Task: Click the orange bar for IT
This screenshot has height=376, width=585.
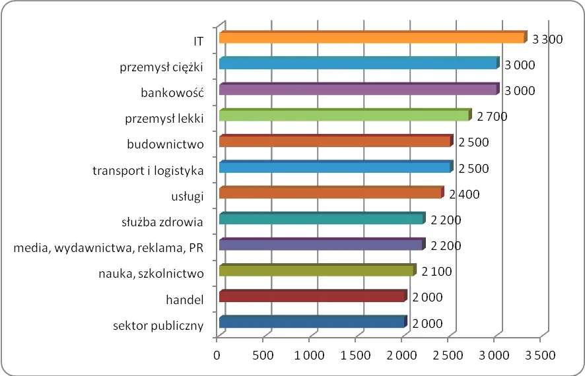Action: pos(372,38)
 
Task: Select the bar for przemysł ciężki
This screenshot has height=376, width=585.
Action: pos(358,63)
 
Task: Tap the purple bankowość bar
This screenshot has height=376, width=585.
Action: pos(358,89)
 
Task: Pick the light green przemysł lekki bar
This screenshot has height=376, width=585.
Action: pos(344,115)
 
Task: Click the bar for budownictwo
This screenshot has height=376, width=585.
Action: pos(335,141)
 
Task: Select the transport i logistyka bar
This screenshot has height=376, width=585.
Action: pos(335,167)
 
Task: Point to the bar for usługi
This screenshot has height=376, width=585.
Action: pos(330,193)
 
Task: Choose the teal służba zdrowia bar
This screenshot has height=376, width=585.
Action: pos(321,218)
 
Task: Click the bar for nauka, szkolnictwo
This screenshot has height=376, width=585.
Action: pos(316,270)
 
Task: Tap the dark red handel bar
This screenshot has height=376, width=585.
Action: pos(312,296)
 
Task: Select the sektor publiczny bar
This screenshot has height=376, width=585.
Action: pos(312,322)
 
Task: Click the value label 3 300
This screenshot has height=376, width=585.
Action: pos(547,40)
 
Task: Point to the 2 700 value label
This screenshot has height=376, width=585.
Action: pos(491,117)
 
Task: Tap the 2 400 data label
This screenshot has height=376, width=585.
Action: pos(464,194)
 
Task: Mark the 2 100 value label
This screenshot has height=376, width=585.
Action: pos(436,271)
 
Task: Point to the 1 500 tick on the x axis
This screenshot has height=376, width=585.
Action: pos(355,355)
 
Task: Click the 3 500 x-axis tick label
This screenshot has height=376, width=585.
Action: pos(540,355)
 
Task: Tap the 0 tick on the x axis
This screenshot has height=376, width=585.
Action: pos(217,355)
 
